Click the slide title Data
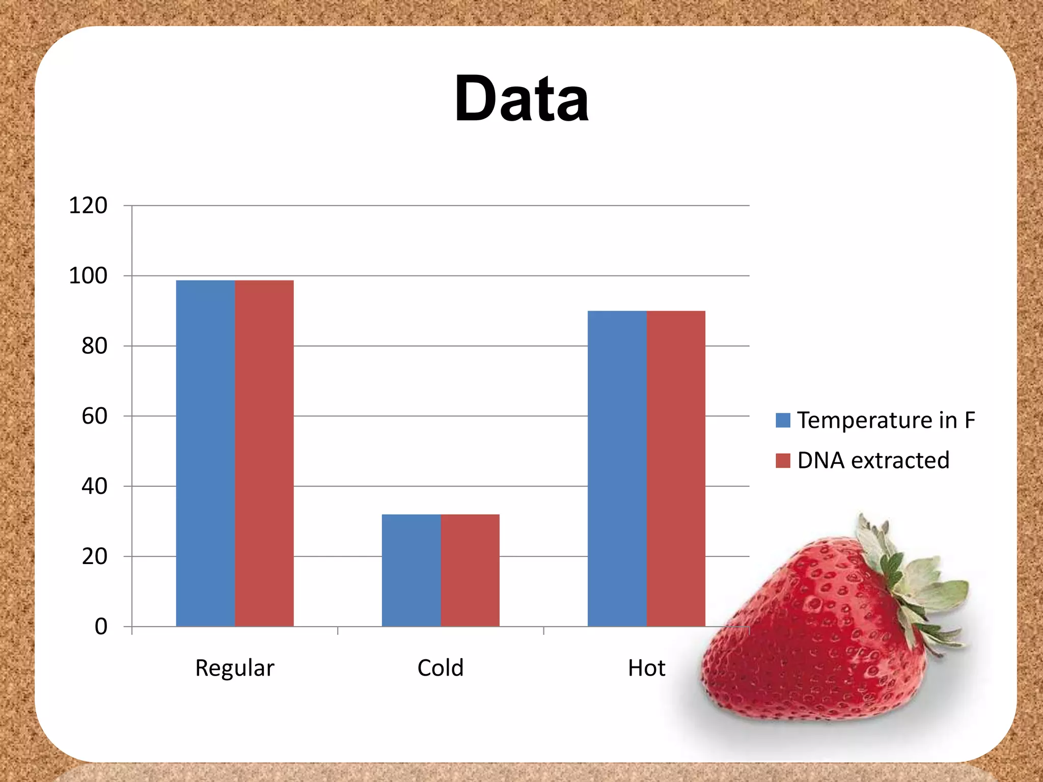(x=521, y=99)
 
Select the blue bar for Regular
(x=205, y=453)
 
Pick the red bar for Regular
(x=264, y=453)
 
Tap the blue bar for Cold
(x=411, y=570)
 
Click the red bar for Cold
(x=470, y=570)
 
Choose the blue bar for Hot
(x=617, y=468)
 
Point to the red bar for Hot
(x=676, y=468)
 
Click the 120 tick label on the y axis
(x=88, y=206)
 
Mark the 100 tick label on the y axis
(x=88, y=276)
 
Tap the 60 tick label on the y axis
(x=94, y=416)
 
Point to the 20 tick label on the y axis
(x=94, y=556)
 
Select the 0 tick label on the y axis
(x=101, y=627)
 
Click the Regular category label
(x=234, y=668)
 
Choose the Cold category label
(x=441, y=668)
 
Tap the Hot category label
(x=646, y=668)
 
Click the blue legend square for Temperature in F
(x=783, y=420)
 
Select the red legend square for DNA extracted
(x=783, y=460)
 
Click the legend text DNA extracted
(x=873, y=460)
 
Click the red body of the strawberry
(x=815, y=641)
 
